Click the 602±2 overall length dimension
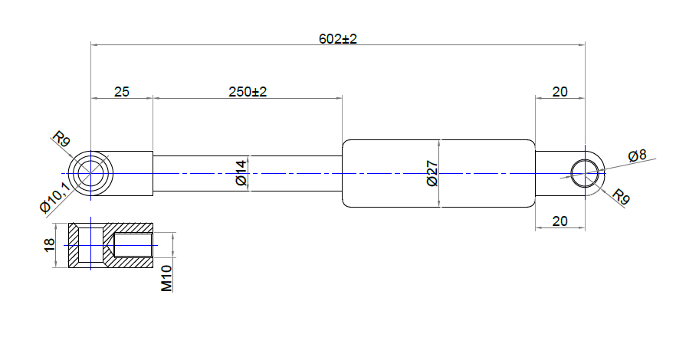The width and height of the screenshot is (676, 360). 337,39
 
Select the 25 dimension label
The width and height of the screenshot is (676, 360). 122,92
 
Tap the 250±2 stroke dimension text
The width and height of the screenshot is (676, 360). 248,92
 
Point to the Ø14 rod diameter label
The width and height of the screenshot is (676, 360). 241,172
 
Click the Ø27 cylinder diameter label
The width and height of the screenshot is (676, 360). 432,174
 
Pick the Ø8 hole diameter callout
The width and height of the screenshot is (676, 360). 637,155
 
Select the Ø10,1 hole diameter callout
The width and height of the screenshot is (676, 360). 54,197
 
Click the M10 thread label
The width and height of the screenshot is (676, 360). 166,279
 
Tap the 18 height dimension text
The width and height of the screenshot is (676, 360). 50,244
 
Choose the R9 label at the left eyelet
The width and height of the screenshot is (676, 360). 61,139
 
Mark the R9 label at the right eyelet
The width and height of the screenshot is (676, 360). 621,197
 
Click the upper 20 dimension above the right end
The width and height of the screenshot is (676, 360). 560,92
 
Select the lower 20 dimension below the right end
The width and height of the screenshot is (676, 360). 560,221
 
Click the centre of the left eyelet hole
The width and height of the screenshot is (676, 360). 90,174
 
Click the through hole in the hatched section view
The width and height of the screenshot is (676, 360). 90,244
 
